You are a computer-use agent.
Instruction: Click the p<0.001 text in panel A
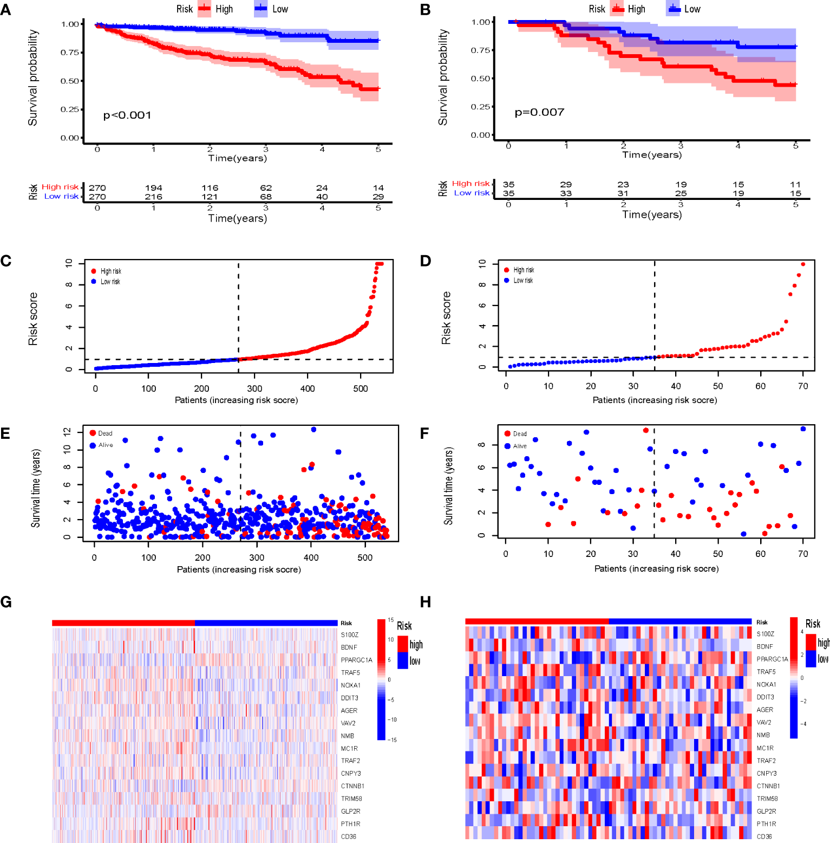[127, 115]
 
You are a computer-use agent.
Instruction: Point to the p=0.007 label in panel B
[539, 112]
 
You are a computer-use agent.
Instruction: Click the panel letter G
[6, 602]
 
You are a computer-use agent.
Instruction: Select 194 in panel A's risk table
[153, 188]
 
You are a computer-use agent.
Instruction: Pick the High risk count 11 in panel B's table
[795, 185]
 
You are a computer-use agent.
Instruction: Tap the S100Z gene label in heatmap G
[350, 635]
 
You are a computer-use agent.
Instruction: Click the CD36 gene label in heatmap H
[764, 836]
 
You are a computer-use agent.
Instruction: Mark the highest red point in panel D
[803, 264]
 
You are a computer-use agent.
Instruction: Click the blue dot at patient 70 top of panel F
[803, 429]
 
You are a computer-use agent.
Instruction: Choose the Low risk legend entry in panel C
[110, 282]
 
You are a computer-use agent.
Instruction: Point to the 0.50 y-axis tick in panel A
[70, 81]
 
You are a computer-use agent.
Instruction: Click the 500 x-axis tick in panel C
[360, 388]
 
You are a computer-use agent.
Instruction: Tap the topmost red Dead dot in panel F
[645, 431]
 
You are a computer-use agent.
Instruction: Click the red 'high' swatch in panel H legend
[811, 642]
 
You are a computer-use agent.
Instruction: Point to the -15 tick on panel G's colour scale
[391, 740]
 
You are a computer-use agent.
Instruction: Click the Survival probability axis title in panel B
[443, 77]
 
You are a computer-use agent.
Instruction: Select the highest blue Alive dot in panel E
[313, 430]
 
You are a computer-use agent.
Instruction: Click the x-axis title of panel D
[655, 400]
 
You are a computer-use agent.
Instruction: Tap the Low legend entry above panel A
[279, 9]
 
